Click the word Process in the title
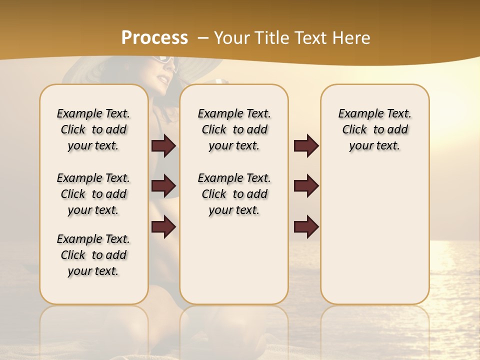(154, 37)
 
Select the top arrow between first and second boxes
(163, 145)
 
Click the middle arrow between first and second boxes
(163, 186)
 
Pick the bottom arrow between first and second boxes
(163, 226)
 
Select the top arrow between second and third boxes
(306, 145)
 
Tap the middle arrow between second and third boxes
(306, 186)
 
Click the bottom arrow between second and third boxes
(306, 226)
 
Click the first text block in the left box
(93, 129)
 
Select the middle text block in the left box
(93, 194)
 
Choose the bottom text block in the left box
(93, 255)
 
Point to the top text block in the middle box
(234, 129)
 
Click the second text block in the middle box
(234, 194)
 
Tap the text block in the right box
(374, 129)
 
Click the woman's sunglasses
(166, 61)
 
